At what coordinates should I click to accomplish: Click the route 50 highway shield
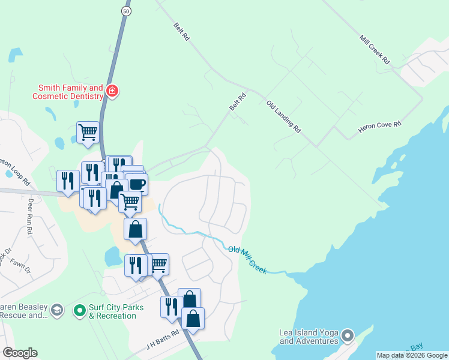tap(125, 11)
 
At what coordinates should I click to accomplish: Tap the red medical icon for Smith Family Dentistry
tap(112, 91)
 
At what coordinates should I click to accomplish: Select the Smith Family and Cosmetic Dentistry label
tap(68, 92)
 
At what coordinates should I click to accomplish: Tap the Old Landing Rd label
tap(283, 115)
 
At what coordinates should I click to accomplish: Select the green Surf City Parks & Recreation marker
tap(79, 311)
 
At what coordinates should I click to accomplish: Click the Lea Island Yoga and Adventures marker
tap(348, 335)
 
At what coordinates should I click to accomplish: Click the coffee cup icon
tap(137, 182)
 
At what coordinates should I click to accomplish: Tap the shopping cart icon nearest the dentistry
tap(88, 131)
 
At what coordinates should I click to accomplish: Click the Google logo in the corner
tap(20, 353)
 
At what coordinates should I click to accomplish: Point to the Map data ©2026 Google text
tap(412, 355)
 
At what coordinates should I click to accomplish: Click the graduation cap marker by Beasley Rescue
tap(57, 310)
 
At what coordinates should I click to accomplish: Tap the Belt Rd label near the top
tap(181, 32)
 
